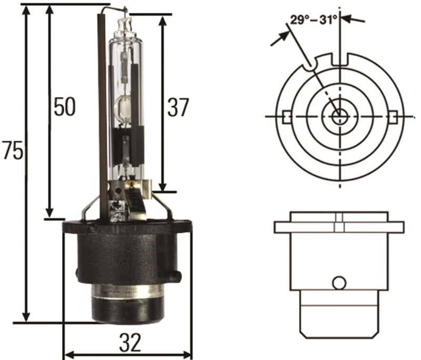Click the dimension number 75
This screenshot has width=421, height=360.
pos(13,151)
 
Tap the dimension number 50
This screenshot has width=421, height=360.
pos(65,107)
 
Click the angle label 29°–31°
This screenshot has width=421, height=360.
pos(313,20)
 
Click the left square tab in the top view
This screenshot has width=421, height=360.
pos(287,116)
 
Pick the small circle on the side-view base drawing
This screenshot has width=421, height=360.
pos(339,283)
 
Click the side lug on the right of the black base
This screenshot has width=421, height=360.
pos(176,276)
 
